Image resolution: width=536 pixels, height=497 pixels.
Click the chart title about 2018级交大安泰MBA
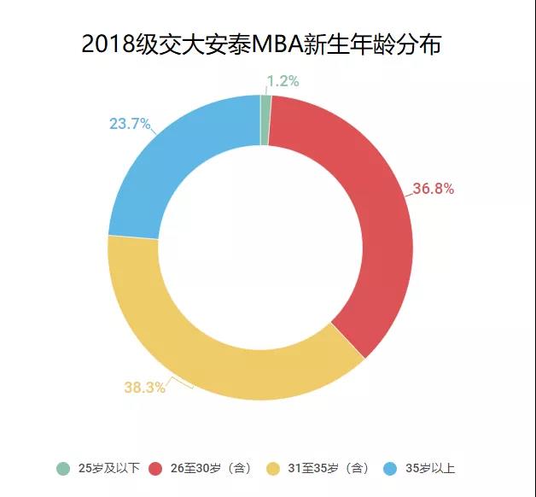[x=261, y=44]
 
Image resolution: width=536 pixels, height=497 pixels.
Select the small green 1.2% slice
[x=265, y=120]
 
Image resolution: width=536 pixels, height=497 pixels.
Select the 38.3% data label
[x=144, y=387]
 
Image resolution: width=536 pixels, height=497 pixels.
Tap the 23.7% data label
[x=130, y=124]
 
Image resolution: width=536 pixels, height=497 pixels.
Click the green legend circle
[x=63, y=468]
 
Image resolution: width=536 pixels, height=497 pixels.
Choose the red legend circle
[x=155, y=468]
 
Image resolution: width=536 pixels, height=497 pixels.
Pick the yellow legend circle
[x=273, y=468]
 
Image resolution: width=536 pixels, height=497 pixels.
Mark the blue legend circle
[x=390, y=468]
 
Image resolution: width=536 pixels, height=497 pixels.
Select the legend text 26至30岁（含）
[x=210, y=468]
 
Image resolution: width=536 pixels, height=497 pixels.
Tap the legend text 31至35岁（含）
[x=328, y=468]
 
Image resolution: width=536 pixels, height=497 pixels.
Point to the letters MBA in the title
[x=293, y=44]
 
